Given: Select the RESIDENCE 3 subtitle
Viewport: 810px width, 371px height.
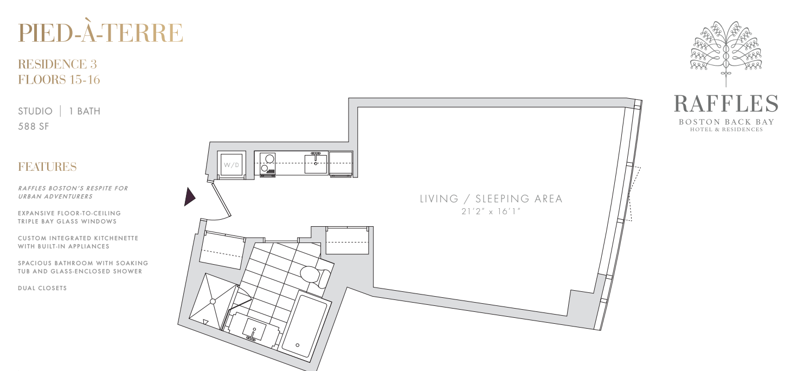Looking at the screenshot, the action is coord(57,64).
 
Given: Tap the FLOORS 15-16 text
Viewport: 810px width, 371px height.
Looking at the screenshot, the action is coord(59,80).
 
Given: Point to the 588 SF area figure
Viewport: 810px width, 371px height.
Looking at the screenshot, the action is coord(33,126).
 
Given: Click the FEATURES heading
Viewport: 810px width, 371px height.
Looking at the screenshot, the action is coord(47,167).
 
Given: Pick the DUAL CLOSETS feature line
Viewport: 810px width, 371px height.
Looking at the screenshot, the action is coord(42,288).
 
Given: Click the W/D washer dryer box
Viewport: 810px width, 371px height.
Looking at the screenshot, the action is coord(232,165).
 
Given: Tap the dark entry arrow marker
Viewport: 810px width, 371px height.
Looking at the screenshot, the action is coord(189,197).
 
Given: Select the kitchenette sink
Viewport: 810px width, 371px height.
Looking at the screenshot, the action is coord(316,163).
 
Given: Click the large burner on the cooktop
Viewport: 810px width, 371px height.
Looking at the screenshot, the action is coord(269,158).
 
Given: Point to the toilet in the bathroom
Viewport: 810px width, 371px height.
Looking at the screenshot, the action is coord(314,276).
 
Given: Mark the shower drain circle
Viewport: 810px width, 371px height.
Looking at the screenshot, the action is coord(213,301).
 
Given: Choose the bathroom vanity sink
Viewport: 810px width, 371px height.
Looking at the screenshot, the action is coord(254,330).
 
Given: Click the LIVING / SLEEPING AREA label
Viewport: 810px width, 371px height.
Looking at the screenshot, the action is coord(491,199).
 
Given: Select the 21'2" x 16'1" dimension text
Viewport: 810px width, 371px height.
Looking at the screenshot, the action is coord(491,211).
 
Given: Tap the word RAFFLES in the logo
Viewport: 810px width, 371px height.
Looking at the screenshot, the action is coord(726,104).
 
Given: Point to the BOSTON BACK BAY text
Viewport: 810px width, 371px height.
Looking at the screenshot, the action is coord(726,122).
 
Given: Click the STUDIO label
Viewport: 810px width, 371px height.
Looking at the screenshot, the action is coord(35,111).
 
